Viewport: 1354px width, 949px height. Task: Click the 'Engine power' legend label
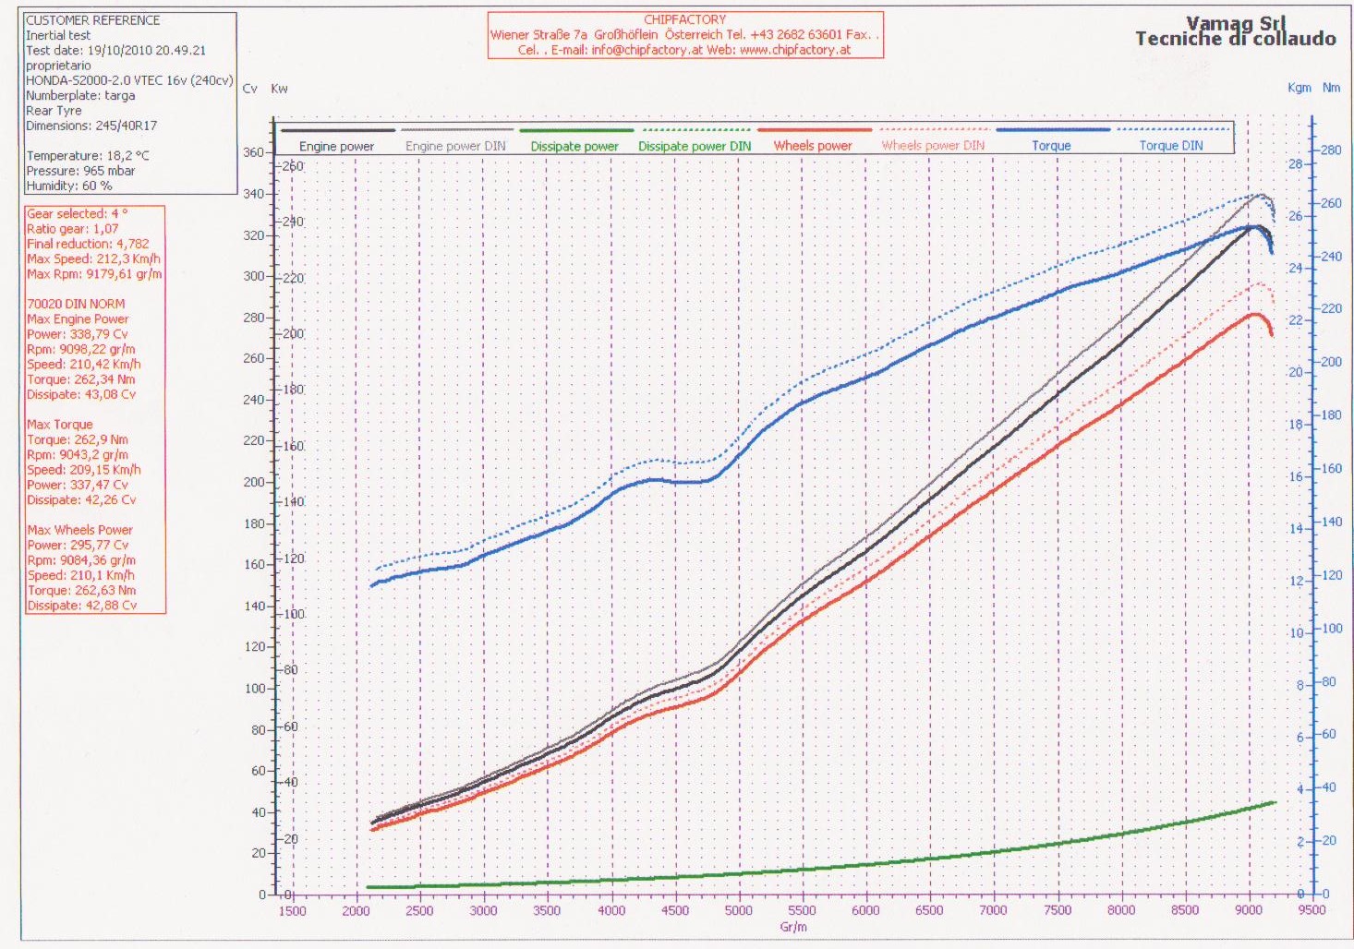point(336,146)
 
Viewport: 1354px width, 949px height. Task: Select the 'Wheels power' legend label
point(813,146)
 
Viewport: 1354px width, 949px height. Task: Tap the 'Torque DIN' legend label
point(1170,146)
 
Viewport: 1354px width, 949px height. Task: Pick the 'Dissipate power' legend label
point(574,146)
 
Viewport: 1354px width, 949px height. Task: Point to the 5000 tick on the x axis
point(739,910)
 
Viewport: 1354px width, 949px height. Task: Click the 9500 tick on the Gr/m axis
point(1312,910)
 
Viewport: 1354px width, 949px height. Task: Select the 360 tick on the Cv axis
point(253,152)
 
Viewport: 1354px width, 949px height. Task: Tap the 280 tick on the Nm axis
point(1331,150)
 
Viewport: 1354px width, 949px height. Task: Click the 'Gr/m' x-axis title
point(793,927)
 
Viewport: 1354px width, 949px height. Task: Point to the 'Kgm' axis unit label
point(1299,88)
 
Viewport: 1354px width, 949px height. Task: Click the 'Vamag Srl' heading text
point(1235,23)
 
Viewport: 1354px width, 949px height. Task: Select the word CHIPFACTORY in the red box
point(684,19)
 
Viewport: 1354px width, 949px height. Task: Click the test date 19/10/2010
point(136,51)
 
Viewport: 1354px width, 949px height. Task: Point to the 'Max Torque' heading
point(60,425)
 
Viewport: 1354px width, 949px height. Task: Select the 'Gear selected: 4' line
point(78,213)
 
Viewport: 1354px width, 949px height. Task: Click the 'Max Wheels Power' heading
point(80,530)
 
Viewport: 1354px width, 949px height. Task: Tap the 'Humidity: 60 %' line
point(69,186)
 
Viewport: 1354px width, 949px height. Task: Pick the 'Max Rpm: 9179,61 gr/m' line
point(94,274)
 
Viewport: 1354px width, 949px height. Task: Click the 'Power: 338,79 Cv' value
point(78,334)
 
